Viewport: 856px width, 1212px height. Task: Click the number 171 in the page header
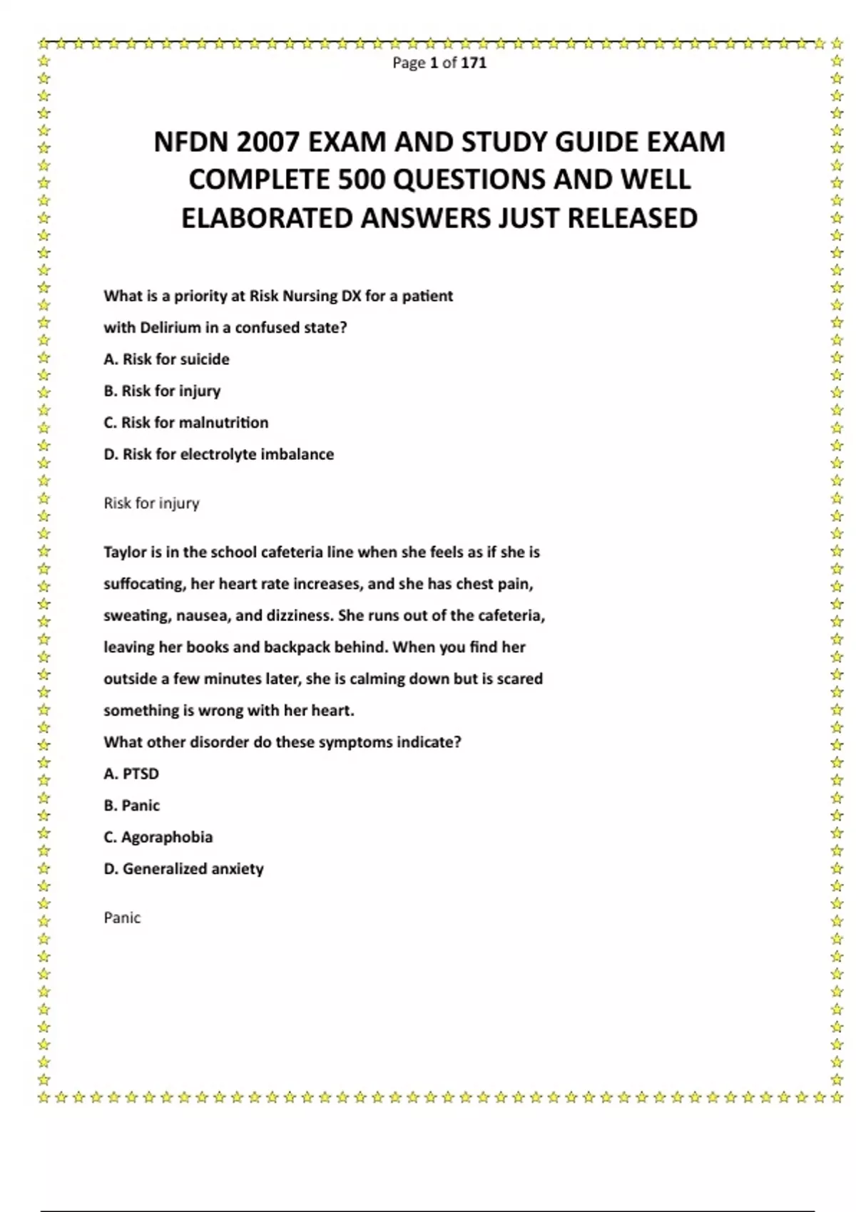(474, 63)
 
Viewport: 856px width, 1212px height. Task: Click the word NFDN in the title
(190, 143)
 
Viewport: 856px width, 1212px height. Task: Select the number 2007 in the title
(269, 143)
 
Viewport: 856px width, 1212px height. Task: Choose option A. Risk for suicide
(166, 359)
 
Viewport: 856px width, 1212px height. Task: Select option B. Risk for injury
(162, 391)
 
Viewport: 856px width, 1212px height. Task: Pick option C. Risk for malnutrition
(185, 423)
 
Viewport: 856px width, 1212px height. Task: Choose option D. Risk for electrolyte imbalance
(218, 454)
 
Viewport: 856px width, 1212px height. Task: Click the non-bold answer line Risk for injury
(151, 503)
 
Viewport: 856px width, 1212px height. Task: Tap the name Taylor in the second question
(125, 553)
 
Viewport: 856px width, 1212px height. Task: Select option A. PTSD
(131, 774)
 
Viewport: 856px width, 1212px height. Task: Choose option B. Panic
(131, 806)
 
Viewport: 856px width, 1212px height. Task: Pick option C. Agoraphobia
(158, 837)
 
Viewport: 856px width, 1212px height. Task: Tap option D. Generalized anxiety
(183, 869)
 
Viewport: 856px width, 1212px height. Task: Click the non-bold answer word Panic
(122, 918)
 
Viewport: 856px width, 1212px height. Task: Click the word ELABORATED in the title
(267, 218)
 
